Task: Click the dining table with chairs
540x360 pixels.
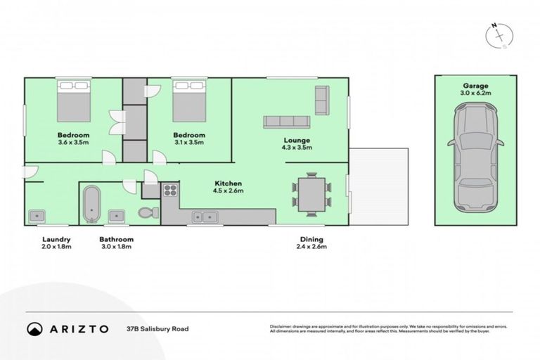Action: pyautogui.click(x=310, y=193)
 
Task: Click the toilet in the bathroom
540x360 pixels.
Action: pyautogui.click(x=146, y=213)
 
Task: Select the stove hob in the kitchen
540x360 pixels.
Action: pyautogui.click(x=170, y=190)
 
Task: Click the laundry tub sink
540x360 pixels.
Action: pyautogui.click(x=37, y=215)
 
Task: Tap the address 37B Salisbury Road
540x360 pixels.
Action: pyautogui.click(x=157, y=328)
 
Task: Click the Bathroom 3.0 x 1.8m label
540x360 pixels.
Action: pyautogui.click(x=116, y=243)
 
